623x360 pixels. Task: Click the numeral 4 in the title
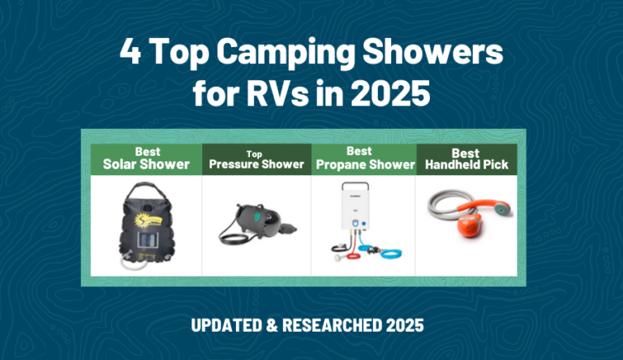point(131,51)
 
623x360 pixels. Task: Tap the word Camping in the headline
point(286,54)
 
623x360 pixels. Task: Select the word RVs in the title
point(277,93)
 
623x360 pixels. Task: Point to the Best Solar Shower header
point(146,158)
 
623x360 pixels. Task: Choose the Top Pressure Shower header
point(256,160)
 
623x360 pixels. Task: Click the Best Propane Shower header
point(365,158)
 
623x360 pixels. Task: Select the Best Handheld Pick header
point(466,159)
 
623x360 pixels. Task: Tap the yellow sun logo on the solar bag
point(147,221)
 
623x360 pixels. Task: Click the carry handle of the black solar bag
point(148,189)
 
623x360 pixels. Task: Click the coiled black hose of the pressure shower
point(234,237)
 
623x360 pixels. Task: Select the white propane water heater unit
point(354,206)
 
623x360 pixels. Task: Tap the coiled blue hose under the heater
point(380,252)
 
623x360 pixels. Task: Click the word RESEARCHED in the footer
point(332,325)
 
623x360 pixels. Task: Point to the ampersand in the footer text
point(273,325)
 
